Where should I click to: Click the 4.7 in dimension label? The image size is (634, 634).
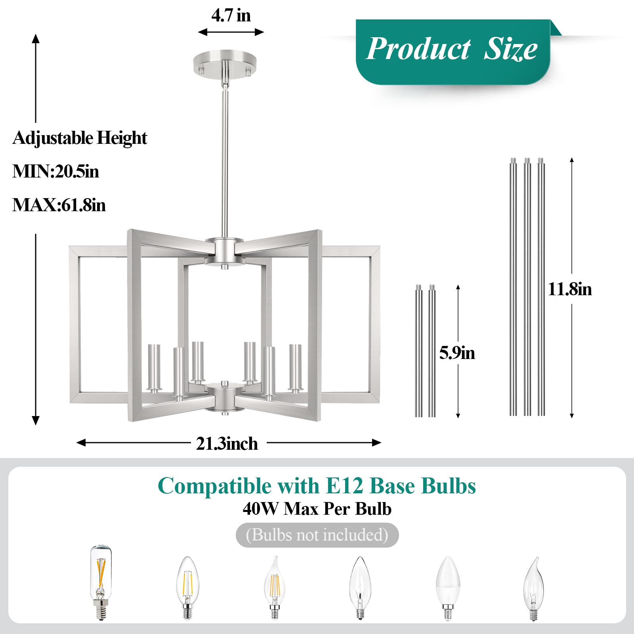click(x=231, y=15)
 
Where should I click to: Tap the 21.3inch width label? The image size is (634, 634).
click(x=227, y=443)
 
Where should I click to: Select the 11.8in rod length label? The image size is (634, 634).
click(x=570, y=289)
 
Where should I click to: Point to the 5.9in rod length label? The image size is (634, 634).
click(x=457, y=353)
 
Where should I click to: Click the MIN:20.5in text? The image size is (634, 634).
click(x=55, y=172)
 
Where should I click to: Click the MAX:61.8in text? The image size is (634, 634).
click(x=59, y=205)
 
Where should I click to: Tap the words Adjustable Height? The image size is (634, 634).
click(x=80, y=138)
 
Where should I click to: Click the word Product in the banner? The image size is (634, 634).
click(x=418, y=49)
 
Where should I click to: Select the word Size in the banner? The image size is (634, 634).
click(x=511, y=49)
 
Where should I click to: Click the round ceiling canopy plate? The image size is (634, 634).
click(x=225, y=63)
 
